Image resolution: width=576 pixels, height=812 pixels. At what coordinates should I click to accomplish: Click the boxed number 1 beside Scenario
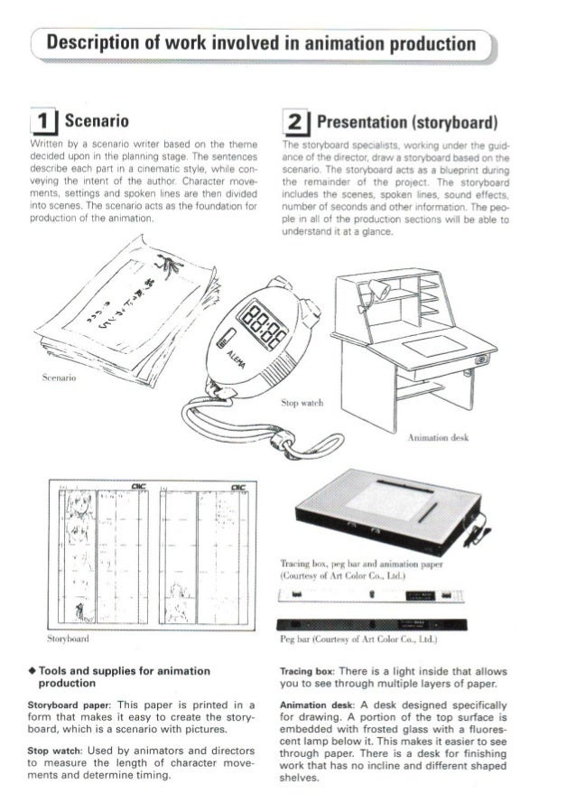[41, 119]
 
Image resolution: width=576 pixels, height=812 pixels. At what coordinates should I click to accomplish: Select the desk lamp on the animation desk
[378, 289]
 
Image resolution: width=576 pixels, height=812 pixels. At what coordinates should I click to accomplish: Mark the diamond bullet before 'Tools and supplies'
[32, 671]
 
